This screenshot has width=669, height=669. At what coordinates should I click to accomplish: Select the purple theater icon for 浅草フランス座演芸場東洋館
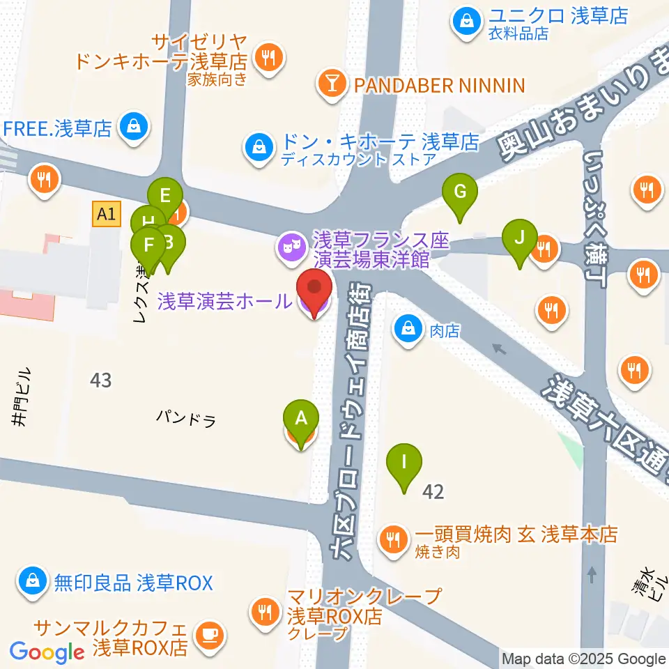tap(290, 246)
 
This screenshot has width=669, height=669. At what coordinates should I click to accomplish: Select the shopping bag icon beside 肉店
tap(407, 327)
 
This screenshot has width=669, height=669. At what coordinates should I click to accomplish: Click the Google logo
tap(47, 652)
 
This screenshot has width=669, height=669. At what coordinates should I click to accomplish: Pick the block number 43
tap(100, 380)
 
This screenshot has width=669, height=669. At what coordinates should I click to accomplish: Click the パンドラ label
tap(185, 418)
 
